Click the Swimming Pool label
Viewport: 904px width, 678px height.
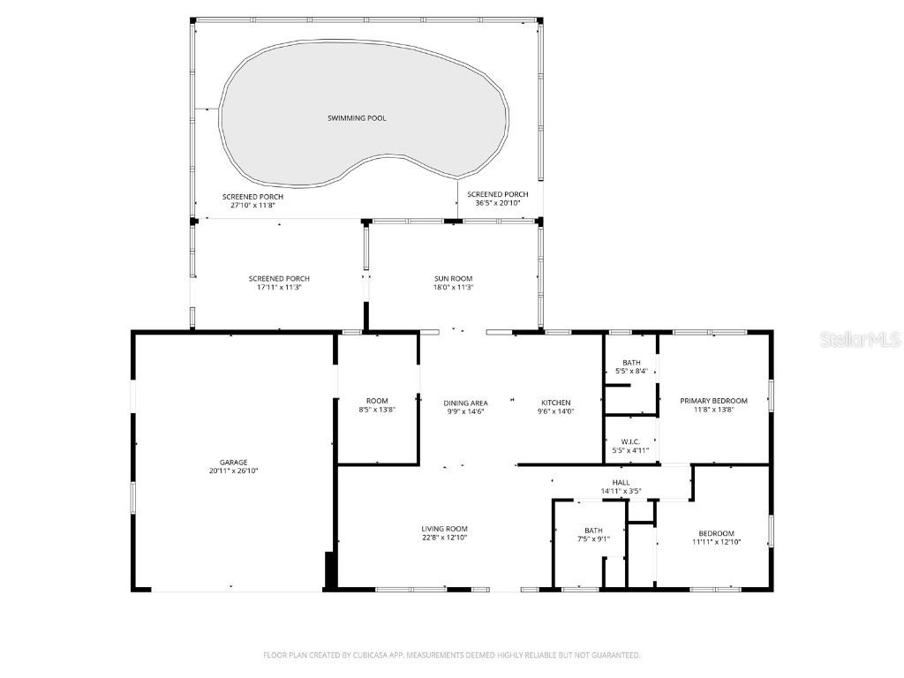tap(357, 118)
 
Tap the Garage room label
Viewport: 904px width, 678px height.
tap(234, 462)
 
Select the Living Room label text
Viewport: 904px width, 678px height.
tap(444, 529)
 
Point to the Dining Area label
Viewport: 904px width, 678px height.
tap(465, 403)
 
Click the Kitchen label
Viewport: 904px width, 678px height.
tap(555, 403)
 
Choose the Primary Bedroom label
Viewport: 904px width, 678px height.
tap(713, 401)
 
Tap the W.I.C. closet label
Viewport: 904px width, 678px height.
tap(631, 441)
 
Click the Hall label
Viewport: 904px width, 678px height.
tap(621, 482)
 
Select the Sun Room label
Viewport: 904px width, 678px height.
tap(454, 278)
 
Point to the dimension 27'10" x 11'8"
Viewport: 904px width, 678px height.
tap(252, 204)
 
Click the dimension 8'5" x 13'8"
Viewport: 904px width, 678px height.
tap(377, 410)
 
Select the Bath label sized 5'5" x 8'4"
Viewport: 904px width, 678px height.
tap(631, 363)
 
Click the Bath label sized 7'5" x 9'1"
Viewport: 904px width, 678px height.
tap(593, 531)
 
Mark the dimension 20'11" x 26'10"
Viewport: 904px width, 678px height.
tap(234, 471)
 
